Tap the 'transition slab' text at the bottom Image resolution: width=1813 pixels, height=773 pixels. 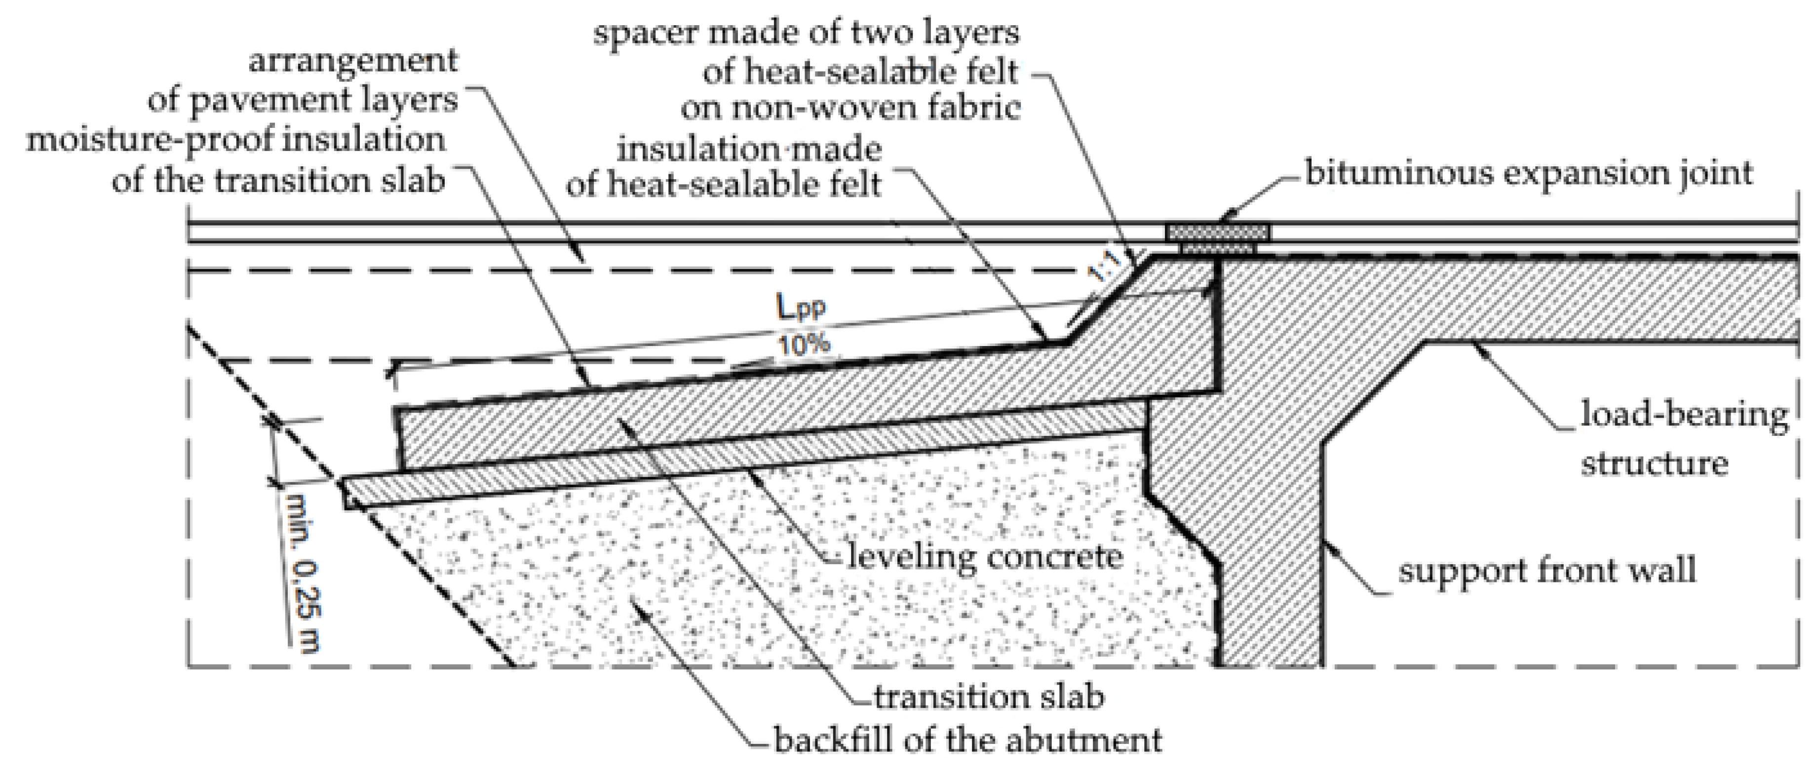click(988, 697)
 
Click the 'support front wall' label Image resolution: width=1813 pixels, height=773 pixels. click(1546, 570)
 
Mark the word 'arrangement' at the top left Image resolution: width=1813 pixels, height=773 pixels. click(353, 61)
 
